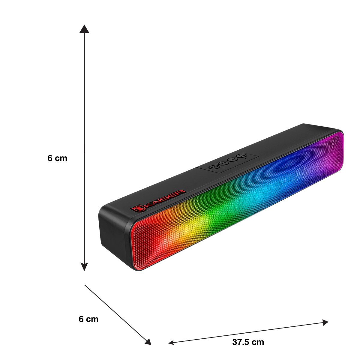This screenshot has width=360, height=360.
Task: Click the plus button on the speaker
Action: [232, 159]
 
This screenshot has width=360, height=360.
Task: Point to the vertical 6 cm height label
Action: [57, 158]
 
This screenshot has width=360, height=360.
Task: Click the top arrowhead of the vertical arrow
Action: [84, 29]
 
